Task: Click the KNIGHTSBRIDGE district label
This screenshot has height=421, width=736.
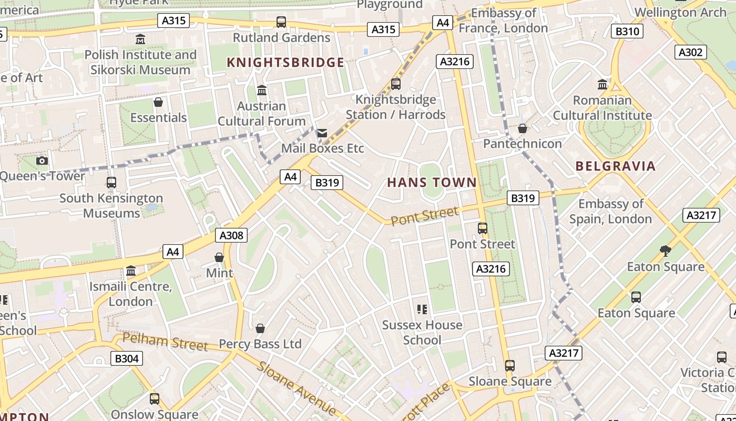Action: pyautogui.click(x=285, y=63)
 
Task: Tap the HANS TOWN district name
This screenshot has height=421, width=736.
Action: pyautogui.click(x=432, y=183)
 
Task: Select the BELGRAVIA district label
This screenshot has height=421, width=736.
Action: pyautogui.click(x=616, y=166)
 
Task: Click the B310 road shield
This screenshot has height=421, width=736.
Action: pyautogui.click(x=627, y=32)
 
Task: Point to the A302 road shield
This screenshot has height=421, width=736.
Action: pyautogui.click(x=691, y=52)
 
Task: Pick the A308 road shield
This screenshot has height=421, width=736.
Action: pyautogui.click(x=231, y=235)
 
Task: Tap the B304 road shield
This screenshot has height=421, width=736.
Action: pyautogui.click(x=127, y=359)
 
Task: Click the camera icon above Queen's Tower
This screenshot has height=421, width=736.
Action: pyautogui.click(x=42, y=161)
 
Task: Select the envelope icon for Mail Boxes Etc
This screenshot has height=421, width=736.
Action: pyautogui.click(x=322, y=133)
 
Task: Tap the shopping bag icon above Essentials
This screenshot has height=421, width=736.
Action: pyautogui.click(x=158, y=102)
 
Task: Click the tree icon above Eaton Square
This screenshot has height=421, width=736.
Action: pyautogui.click(x=666, y=250)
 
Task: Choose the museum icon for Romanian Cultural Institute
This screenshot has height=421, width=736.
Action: pyautogui.click(x=602, y=85)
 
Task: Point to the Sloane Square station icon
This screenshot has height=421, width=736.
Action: pyautogui.click(x=509, y=365)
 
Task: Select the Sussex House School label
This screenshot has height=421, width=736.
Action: pyautogui.click(x=422, y=333)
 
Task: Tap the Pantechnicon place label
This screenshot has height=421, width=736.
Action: pyautogui.click(x=523, y=144)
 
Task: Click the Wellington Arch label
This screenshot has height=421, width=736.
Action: pyautogui.click(x=680, y=12)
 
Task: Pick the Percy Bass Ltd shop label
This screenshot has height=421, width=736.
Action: pyautogui.click(x=260, y=344)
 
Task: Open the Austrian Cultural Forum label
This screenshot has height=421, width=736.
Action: pyautogui.click(x=261, y=113)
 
